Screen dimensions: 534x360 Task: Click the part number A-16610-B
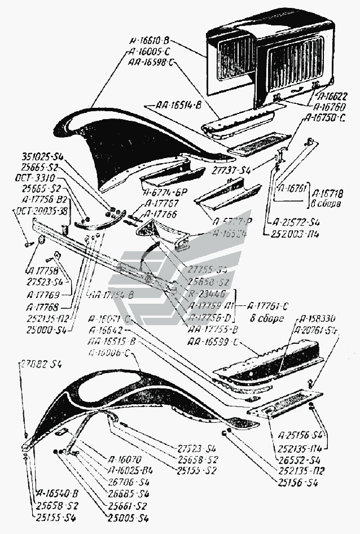click(153, 41)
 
